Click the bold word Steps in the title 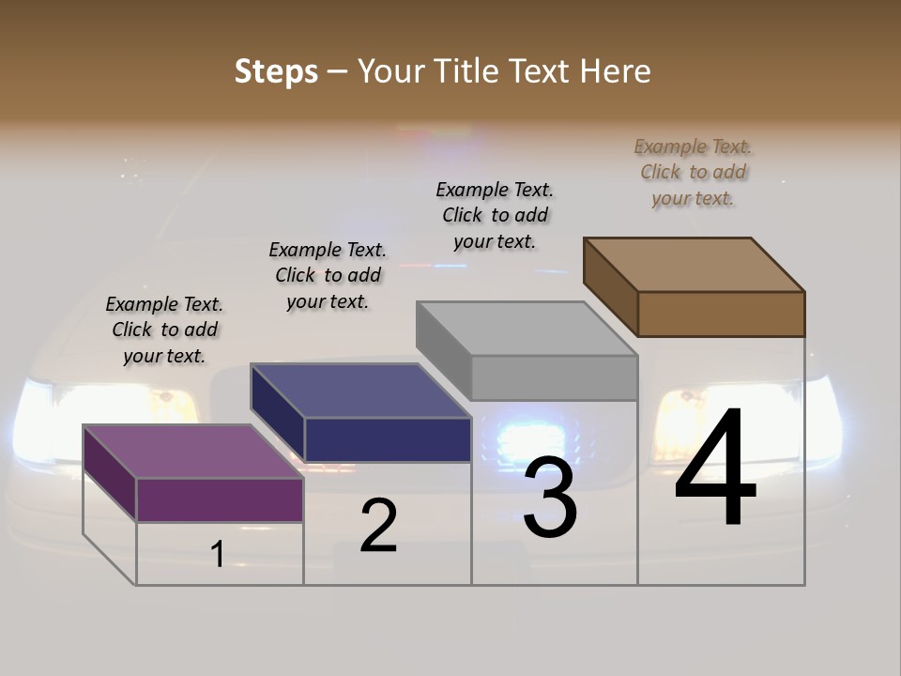point(276,71)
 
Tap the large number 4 point(715,469)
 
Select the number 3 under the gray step point(550,498)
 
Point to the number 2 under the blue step point(379,526)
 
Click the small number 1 point(218,555)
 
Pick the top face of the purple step point(192,452)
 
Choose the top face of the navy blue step point(360,391)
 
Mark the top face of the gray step point(527,329)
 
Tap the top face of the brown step point(694,265)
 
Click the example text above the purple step point(164,330)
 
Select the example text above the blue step point(328,275)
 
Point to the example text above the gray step point(495,215)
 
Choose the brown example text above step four point(693,172)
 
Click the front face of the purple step point(220,499)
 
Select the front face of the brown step point(721,314)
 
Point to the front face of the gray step point(554,377)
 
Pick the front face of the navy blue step point(388,439)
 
